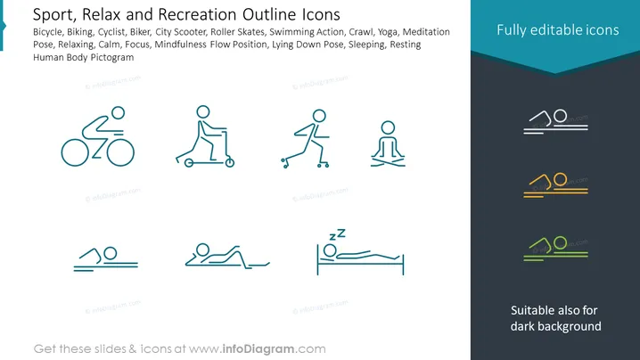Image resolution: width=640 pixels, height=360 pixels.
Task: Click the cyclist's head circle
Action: [x=119, y=107]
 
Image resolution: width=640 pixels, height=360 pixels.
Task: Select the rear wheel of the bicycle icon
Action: [x=62, y=152]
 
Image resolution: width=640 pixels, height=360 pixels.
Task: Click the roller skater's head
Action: [x=319, y=110]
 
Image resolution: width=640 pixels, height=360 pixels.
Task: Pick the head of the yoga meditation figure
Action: [x=388, y=121]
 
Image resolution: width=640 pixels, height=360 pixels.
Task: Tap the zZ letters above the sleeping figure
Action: [x=337, y=234]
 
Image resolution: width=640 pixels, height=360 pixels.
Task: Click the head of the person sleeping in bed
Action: [x=330, y=244]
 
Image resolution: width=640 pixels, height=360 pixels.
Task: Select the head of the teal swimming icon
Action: [x=111, y=248]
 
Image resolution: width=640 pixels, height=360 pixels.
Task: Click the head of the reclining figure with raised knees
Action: [x=202, y=243]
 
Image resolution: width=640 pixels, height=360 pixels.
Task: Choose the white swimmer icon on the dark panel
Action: [x=555, y=121]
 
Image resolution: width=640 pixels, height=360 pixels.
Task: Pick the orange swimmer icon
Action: [x=555, y=184]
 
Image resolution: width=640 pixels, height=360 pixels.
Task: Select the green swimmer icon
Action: [x=555, y=248]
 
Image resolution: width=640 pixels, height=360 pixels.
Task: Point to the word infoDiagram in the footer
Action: [x=258, y=349]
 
